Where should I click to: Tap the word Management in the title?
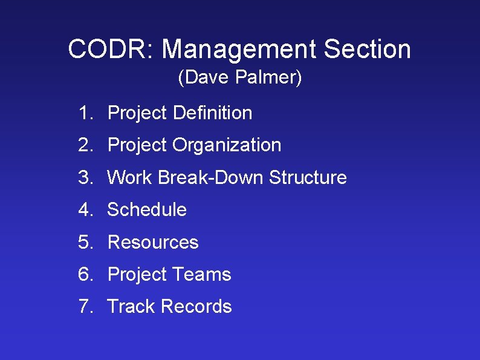click(x=239, y=49)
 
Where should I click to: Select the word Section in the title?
click(x=367, y=49)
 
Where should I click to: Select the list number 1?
click(x=84, y=113)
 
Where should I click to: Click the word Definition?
click(x=212, y=113)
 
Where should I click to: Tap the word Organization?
click(x=227, y=145)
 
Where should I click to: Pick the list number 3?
click(x=84, y=177)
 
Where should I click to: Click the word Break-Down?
click(x=211, y=177)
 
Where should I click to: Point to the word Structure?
click(x=308, y=177)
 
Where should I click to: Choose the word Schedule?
click(x=147, y=210)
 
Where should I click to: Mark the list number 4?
click(x=84, y=210)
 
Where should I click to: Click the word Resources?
click(x=153, y=242)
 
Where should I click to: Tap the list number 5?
click(x=84, y=242)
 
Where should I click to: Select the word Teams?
click(x=201, y=274)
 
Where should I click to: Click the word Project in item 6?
click(x=137, y=274)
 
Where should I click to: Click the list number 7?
click(x=84, y=307)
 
